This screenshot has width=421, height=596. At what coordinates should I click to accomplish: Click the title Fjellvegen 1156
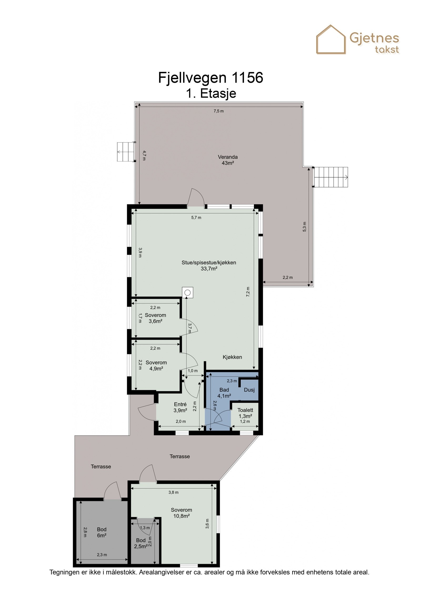[210, 78]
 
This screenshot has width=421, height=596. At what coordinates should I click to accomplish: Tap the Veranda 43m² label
[228, 160]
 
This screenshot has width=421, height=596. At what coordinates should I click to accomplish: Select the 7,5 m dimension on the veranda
[218, 111]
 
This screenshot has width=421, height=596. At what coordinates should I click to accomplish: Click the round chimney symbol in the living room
[187, 293]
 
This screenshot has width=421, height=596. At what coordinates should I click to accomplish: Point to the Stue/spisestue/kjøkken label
[209, 265]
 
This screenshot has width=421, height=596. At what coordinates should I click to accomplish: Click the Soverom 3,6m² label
[155, 318]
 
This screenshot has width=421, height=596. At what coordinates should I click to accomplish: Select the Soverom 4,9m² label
[156, 366]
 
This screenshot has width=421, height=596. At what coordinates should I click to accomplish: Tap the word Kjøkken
[232, 357]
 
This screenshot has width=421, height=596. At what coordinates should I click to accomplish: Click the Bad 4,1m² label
[224, 393]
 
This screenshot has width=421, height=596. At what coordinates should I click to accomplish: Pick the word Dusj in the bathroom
[249, 390]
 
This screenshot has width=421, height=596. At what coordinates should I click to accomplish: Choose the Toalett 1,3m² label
[245, 413]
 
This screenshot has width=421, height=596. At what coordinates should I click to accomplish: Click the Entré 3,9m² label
[180, 407]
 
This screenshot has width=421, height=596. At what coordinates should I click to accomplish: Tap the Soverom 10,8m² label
[181, 513]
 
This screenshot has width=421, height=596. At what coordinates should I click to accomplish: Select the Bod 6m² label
[102, 532]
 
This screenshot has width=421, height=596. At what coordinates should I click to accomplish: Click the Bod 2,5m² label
[141, 543]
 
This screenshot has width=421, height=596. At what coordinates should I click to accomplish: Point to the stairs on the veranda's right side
[331, 177]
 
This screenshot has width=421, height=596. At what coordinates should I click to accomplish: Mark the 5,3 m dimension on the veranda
[304, 227]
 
